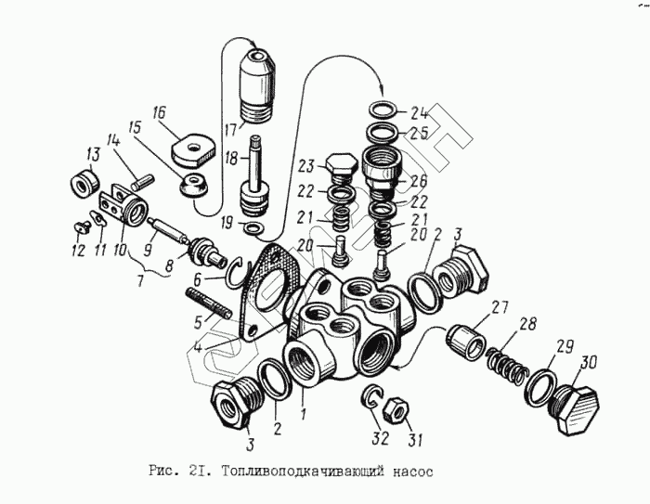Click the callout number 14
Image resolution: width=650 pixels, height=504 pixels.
tap(113, 140)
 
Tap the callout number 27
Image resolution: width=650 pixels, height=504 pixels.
tap(500, 308)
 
